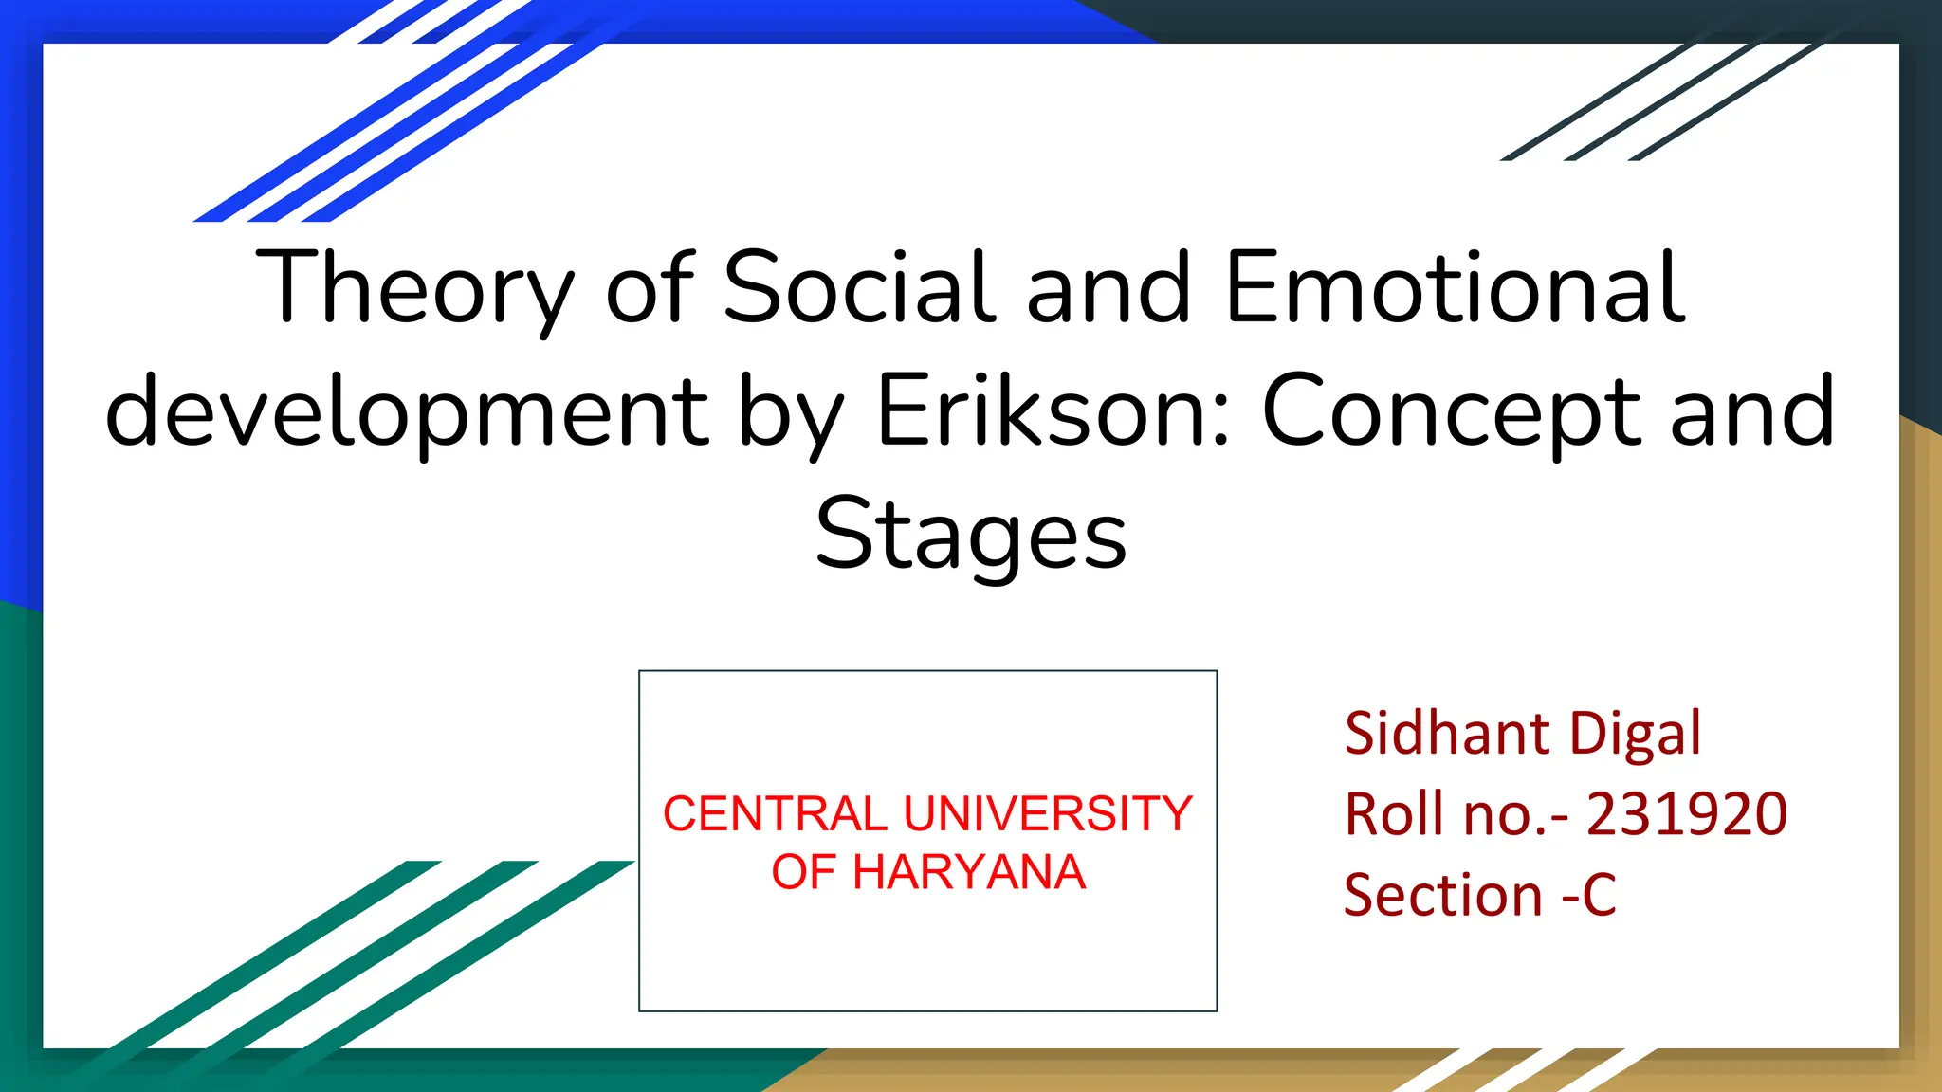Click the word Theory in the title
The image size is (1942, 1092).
(414, 287)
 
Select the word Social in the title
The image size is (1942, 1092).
(859, 287)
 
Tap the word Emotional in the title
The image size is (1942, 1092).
(1455, 287)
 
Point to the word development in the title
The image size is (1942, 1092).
(407, 411)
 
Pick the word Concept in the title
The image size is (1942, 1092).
(1451, 411)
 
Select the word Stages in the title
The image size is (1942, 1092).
(971, 536)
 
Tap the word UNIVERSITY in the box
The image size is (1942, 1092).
(1048, 814)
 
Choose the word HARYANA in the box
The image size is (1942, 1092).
(968, 872)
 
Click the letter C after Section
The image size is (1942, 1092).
(1599, 895)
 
